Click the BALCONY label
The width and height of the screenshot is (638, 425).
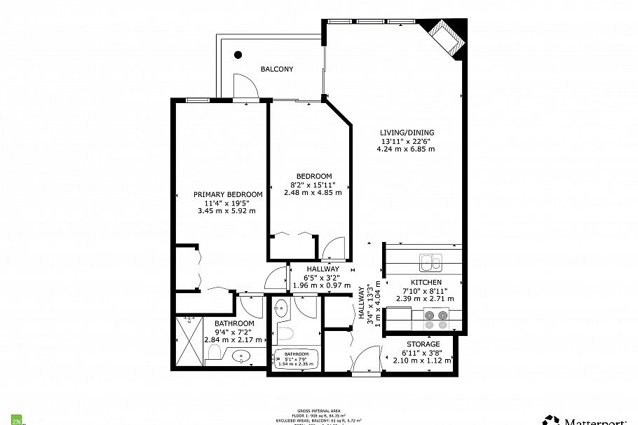pos(277,69)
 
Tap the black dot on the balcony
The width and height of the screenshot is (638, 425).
pos(238,54)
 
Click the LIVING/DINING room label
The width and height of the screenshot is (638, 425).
pos(407,133)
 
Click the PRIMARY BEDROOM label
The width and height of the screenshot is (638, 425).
pos(229,194)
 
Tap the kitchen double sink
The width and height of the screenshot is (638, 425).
pos(430,263)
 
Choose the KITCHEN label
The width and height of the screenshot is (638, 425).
pos(426,282)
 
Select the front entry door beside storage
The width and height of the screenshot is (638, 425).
pos(365,363)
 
